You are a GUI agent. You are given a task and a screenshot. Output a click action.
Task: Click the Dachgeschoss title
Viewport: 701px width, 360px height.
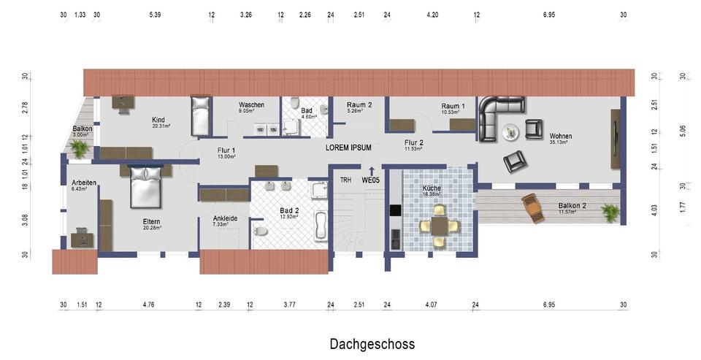click(x=372, y=344)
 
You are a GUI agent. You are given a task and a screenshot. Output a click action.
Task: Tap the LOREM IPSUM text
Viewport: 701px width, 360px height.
click(x=348, y=148)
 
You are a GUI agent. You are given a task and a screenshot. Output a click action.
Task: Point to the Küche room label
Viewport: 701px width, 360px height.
click(x=432, y=187)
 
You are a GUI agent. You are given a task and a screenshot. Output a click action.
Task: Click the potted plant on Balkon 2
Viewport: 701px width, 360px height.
click(x=610, y=212)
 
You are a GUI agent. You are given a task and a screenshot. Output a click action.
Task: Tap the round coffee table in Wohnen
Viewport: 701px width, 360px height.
click(x=511, y=131)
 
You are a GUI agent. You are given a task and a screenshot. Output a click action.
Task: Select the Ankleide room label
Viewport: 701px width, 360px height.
click(x=224, y=218)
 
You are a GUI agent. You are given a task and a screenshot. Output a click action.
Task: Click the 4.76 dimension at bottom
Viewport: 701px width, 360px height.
click(x=148, y=305)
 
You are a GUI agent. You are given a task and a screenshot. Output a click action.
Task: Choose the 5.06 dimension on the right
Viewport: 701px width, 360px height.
click(x=682, y=131)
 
